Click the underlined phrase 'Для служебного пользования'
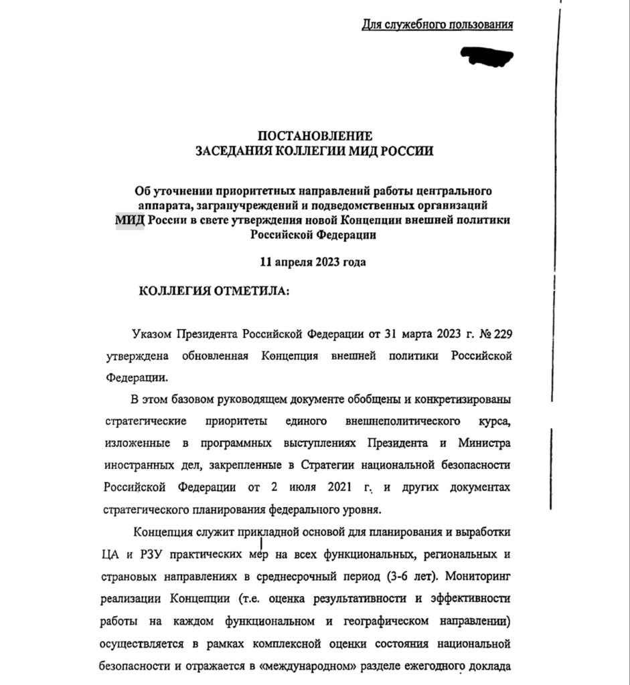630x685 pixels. click(437, 25)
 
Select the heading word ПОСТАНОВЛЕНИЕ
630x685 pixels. click(314, 136)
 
